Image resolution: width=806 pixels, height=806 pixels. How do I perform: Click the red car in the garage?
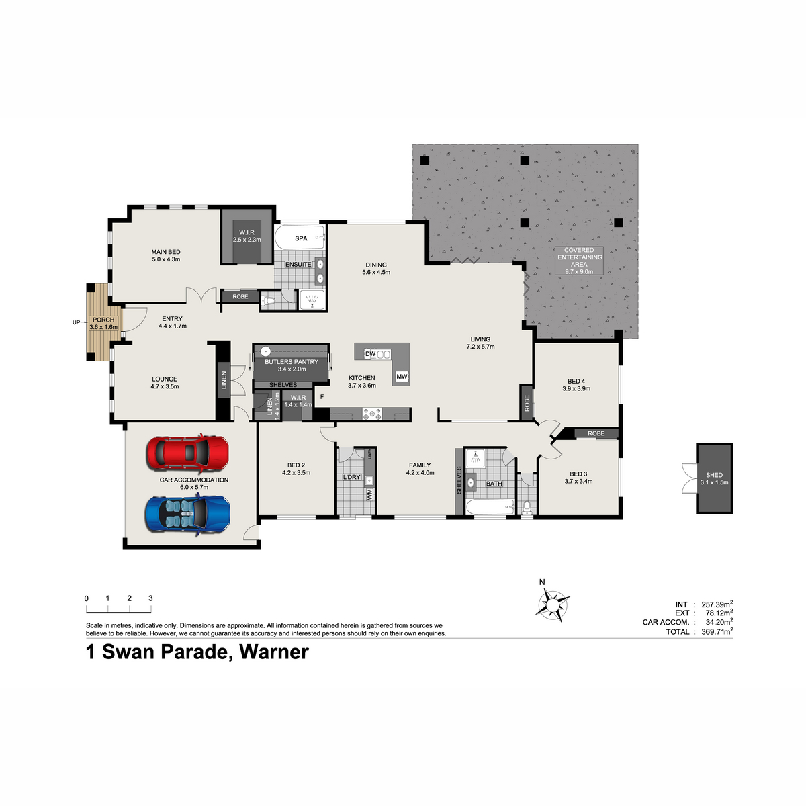187,453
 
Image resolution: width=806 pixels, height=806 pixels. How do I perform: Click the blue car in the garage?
187,514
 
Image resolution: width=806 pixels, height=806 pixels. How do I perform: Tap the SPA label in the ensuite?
301,238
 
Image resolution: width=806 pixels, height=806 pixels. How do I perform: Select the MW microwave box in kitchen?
402,376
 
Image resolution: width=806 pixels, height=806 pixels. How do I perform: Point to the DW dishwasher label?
370,354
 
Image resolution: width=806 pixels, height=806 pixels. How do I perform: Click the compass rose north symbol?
553,604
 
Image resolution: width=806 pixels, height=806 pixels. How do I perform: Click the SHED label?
715,475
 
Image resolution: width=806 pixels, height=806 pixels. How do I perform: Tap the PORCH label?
103,320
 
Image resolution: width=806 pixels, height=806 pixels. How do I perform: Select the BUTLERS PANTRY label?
292,362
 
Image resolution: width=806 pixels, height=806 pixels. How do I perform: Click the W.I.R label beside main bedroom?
247,232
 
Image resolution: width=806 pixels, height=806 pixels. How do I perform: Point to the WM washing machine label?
369,494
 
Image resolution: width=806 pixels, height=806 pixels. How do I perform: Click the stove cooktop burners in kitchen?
372,414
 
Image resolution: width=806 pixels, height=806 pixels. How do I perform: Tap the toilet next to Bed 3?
527,507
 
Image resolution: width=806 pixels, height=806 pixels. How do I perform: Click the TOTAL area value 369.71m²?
717,631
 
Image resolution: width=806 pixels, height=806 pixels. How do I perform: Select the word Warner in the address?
273,652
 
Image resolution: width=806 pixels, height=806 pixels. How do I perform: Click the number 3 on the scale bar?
150,598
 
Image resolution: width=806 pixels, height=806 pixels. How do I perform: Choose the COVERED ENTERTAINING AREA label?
579,257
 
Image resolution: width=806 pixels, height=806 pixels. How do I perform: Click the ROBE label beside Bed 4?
527,403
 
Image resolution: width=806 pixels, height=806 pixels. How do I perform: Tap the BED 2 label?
296,465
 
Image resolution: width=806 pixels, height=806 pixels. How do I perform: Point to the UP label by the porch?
76,322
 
